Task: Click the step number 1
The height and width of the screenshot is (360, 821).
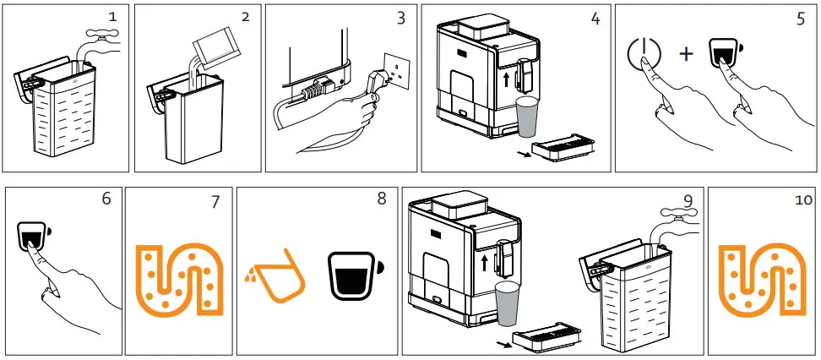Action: point(111,16)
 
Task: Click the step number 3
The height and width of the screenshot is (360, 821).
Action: point(401,17)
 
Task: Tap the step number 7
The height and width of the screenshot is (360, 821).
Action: point(215,202)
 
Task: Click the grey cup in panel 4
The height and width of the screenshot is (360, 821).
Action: point(527,117)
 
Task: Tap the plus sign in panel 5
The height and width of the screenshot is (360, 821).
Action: point(686,55)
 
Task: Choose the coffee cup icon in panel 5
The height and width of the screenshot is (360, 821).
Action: point(723,52)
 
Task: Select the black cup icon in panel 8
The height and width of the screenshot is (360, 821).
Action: point(353,275)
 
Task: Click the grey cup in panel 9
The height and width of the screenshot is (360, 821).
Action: point(507,303)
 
